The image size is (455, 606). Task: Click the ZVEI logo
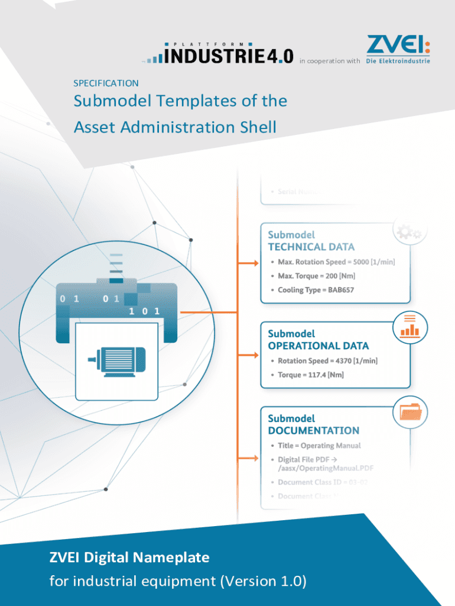[398, 49]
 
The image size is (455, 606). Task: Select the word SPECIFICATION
[106, 83]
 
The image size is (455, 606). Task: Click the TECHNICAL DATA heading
[311, 247]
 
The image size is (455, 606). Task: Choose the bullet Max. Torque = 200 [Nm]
[317, 276]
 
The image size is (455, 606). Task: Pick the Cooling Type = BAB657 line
[316, 290]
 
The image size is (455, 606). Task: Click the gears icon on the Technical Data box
[409, 232]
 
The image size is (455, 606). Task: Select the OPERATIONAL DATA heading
[318, 346]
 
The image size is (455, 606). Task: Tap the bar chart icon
[409, 327]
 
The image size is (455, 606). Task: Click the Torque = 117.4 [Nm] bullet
[311, 375]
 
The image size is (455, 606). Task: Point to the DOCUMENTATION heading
[313, 430]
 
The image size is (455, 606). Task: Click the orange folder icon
[410, 411]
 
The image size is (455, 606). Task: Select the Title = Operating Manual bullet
[319, 446]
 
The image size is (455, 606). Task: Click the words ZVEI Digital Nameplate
[129, 557]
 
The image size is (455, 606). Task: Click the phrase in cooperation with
[330, 61]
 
